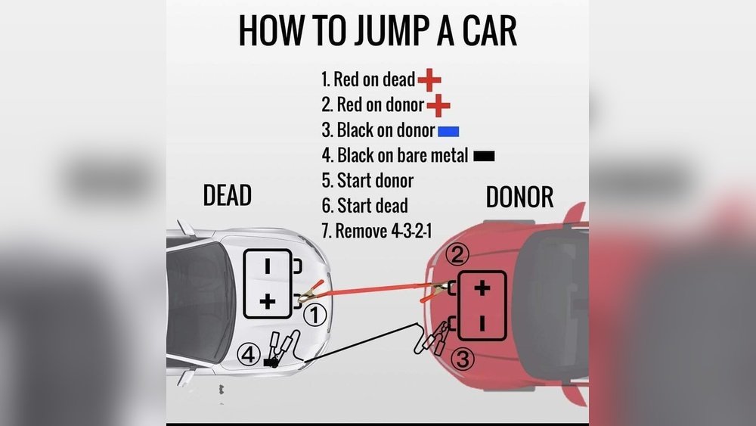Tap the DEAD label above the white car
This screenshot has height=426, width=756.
[x=227, y=195]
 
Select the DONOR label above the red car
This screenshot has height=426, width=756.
[x=519, y=197]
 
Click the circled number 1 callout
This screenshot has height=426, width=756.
[x=314, y=315]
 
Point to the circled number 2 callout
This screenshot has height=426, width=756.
[x=457, y=254]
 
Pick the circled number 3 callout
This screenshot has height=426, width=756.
[x=463, y=359]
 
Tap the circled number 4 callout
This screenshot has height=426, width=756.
[x=248, y=355]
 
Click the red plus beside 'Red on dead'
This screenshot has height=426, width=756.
[x=429, y=79]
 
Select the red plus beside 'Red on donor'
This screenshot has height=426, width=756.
[x=438, y=105]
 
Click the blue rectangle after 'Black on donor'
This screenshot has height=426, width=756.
[x=448, y=131]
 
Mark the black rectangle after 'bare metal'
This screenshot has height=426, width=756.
[x=484, y=156]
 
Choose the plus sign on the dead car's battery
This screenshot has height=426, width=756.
[x=267, y=301]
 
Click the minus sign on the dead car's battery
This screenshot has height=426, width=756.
[x=267, y=266]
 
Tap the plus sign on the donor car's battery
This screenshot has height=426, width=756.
[x=482, y=288]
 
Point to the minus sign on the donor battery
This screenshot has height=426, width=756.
[x=482, y=323]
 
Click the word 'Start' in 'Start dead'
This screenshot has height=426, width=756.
[x=355, y=206]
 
